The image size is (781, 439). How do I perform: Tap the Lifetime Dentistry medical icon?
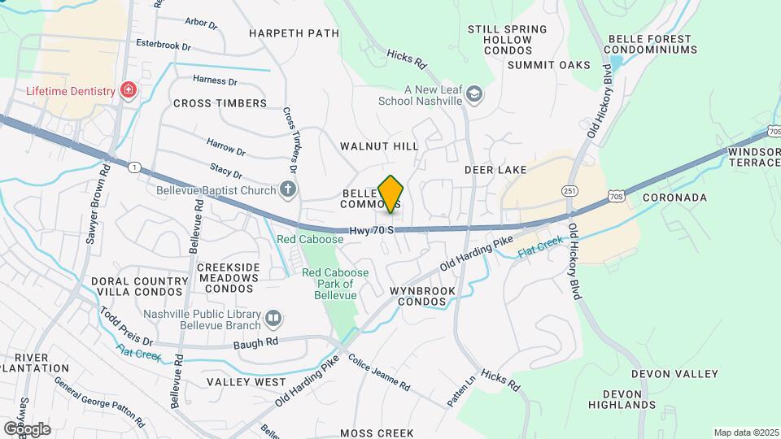click(128, 90)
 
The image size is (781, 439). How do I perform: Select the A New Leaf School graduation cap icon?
click(473, 96)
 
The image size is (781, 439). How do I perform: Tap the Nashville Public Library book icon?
click(273, 317)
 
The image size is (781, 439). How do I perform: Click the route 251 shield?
click(569, 190)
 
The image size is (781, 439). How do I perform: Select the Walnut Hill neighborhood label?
click(379, 146)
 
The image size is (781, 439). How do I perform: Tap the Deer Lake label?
click(495, 170)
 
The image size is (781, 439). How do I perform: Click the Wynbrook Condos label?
click(418, 296)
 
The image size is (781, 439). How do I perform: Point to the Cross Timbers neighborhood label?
click(220, 103)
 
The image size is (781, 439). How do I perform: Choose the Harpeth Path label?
click(294, 33)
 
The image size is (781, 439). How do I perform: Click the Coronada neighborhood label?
click(674, 198)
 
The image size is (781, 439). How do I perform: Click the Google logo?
click(26, 428)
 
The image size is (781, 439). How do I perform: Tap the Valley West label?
click(246, 382)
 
